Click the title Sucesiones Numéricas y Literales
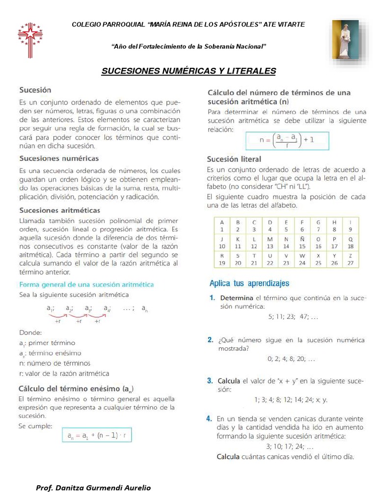(188, 72)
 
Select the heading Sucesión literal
(234, 159)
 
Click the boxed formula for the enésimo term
(97, 435)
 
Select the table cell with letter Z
(350, 259)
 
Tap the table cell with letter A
(221, 225)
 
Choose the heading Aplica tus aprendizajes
(249, 283)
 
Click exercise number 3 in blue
(210, 381)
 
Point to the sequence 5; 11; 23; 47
(293, 317)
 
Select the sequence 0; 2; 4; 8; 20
(292, 359)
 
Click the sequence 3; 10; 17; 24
(289, 447)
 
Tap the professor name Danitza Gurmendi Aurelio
(93, 488)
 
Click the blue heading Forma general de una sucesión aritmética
(86, 284)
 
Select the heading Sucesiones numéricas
(59, 159)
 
